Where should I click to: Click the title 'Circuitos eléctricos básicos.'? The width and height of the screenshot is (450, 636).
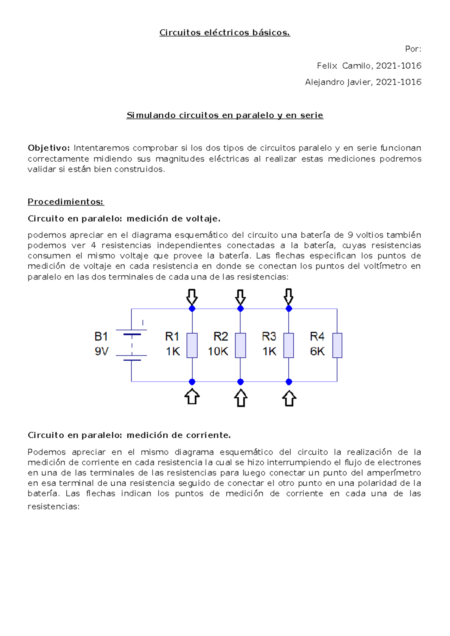[225, 33]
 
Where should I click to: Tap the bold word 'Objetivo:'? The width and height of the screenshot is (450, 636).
[49, 148]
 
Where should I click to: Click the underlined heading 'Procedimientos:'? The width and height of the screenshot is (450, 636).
[66, 202]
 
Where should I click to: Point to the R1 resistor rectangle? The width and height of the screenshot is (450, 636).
[192, 345]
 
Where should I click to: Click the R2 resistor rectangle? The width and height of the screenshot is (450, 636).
[240, 345]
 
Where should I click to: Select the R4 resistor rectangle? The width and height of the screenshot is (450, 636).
[337, 345]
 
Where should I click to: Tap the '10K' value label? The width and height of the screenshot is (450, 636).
[218, 351]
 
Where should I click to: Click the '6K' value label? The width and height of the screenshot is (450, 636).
[317, 351]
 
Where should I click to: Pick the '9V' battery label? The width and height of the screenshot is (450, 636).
[101, 351]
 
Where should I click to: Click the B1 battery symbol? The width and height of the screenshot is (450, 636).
[131, 345]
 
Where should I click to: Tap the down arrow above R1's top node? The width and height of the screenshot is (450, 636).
[192, 297]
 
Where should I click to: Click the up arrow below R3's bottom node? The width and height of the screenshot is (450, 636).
[289, 398]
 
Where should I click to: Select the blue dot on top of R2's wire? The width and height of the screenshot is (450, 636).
[240, 309]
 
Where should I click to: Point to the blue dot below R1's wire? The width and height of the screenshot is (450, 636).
[192, 382]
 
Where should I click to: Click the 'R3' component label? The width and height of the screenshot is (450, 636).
[269, 336]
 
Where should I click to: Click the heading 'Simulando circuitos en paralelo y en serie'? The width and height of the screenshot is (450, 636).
[225, 115]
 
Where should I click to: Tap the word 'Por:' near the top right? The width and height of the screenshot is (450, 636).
[413, 49]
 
